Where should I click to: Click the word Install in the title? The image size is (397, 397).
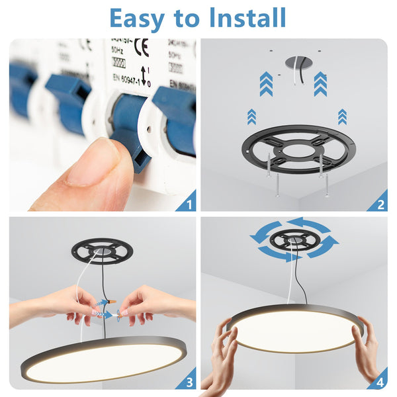(x=248, y=18)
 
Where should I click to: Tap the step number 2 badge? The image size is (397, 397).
(x=380, y=203)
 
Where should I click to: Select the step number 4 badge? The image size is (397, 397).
(x=380, y=382)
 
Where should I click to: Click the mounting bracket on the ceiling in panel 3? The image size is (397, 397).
(x=102, y=249)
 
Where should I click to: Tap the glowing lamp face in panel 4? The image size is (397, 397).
(x=295, y=328)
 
